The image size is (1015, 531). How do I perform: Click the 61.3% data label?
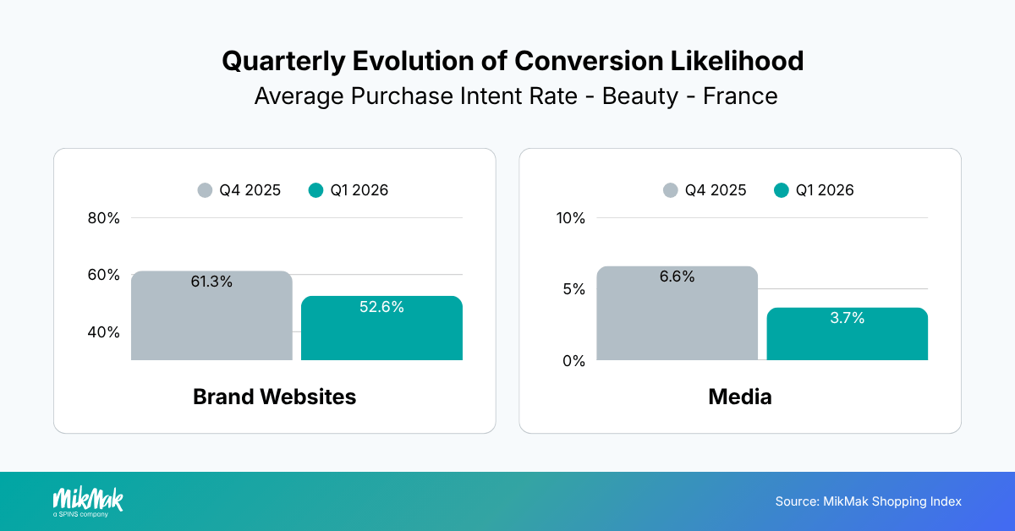coord(211,282)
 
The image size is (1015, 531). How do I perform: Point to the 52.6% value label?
coord(381,307)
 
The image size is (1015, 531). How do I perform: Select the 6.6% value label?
coord(677,276)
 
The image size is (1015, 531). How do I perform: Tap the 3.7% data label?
coord(847,318)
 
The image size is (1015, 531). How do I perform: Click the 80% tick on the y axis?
coord(103,218)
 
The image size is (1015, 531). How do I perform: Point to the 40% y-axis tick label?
coord(103,332)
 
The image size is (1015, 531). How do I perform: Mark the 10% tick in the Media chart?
coord(570,218)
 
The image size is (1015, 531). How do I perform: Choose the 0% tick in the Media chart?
coord(573,361)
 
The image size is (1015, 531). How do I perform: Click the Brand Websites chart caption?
coord(274,397)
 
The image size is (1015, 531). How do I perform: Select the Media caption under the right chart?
coord(740,397)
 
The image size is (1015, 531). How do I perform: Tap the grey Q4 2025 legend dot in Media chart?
coord(671,190)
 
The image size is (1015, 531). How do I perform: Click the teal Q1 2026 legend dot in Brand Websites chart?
coord(316,190)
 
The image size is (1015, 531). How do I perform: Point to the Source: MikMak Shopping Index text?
coord(868,501)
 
